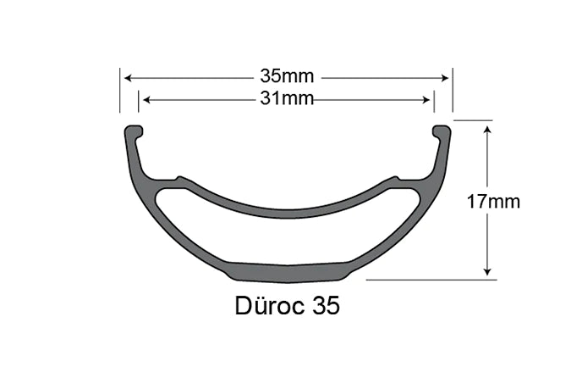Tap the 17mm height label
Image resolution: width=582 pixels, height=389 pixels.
(x=492, y=202)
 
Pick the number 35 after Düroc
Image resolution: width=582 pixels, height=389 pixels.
(x=326, y=306)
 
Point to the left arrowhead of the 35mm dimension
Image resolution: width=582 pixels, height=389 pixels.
(x=129, y=78)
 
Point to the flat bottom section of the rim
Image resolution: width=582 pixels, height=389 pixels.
(x=288, y=271)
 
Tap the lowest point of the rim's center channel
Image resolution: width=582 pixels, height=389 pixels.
(x=288, y=212)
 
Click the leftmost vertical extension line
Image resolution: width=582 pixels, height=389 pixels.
(x=120, y=90)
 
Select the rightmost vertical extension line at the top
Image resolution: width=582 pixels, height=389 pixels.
(x=453, y=90)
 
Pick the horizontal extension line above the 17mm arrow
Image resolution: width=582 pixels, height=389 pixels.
(x=474, y=120)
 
